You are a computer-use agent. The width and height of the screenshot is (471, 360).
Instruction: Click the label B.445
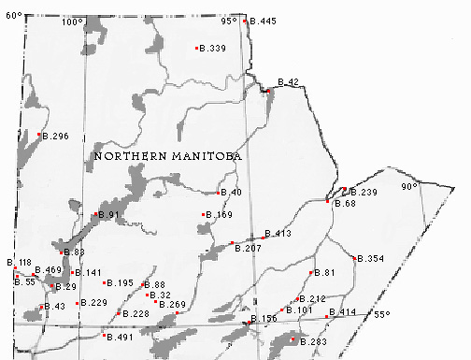pos(264,21)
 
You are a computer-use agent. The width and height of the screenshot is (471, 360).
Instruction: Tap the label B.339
pos(213,48)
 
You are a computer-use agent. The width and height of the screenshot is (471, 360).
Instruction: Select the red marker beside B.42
pos(268,91)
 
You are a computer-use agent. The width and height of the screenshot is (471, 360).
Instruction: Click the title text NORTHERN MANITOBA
pos(168,157)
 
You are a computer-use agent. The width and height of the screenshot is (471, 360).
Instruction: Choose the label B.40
pos(231,193)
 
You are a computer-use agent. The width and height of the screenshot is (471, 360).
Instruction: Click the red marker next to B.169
pos(203,215)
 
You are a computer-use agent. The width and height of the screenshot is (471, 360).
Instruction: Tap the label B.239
pos(363,192)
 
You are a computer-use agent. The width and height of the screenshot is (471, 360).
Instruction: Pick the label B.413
pos(278,233)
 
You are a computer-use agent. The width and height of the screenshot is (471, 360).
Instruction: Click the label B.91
pos(110,216)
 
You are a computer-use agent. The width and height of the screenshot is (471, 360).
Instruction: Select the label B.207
pos(248,248)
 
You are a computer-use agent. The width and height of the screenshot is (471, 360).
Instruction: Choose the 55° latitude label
pos(381,314)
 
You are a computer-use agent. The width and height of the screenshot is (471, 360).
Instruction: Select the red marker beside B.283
pos(293,340)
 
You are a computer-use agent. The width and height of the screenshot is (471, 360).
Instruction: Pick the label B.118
pos(20,263)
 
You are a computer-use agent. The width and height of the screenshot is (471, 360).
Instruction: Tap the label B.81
pos(324,272)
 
